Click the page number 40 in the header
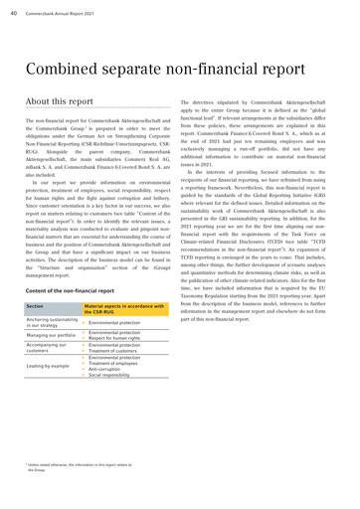pos(16,11)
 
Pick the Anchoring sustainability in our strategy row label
pos(50,295)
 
